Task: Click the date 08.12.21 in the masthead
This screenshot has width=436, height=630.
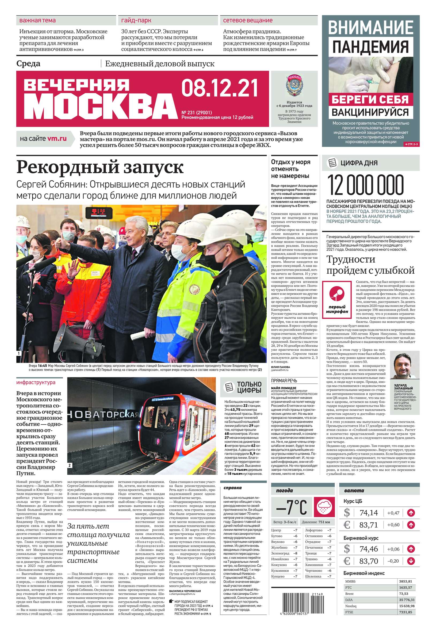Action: (220, 88)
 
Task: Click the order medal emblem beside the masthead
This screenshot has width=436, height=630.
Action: (294, 85)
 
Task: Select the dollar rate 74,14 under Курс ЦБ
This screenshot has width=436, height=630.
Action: (369, 513)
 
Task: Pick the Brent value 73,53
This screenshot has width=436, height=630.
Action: (403, 594)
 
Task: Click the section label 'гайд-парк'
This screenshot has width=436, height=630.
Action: (136, 21)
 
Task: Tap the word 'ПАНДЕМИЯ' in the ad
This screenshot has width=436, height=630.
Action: (370, 47)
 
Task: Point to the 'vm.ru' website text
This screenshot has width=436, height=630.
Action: (57, 139)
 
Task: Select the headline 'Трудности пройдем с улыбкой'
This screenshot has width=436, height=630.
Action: (370, 265)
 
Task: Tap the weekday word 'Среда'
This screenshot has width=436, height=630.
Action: (28, 64)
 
